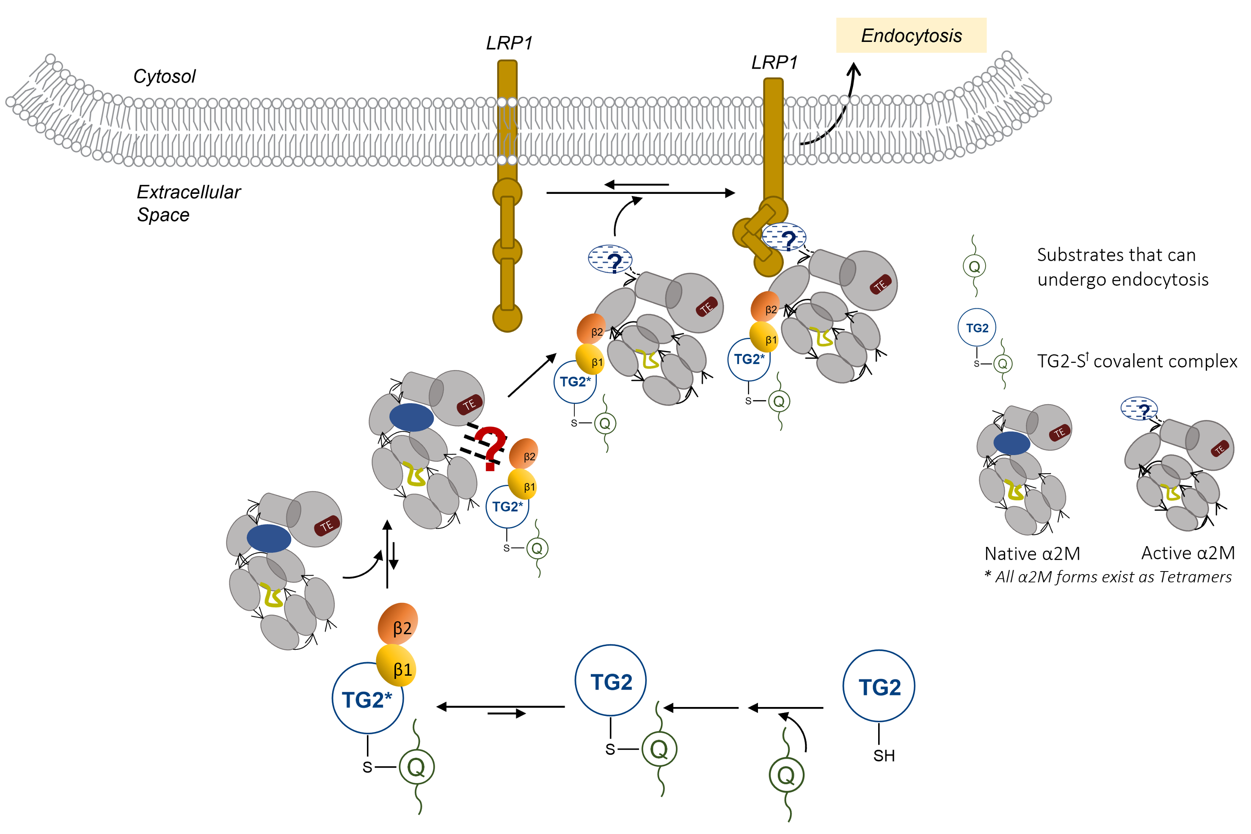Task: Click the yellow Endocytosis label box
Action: [911, 36]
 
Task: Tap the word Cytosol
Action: [164, 77]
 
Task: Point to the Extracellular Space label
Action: [188, 203]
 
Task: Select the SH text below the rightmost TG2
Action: [884, 755]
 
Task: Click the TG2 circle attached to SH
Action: [879, 686]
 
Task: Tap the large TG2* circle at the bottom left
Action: [367, 699]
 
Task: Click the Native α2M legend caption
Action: [1032, 554]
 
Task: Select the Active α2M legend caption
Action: [1188, 553]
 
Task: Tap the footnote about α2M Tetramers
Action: [1108, 577]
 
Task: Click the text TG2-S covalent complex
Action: [1137, 362]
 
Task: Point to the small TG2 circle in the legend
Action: [977, 328]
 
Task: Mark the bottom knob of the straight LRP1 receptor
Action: [507, 318]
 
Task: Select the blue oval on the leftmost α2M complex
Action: [269, 538]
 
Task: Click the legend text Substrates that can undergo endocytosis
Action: [1122, 267]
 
